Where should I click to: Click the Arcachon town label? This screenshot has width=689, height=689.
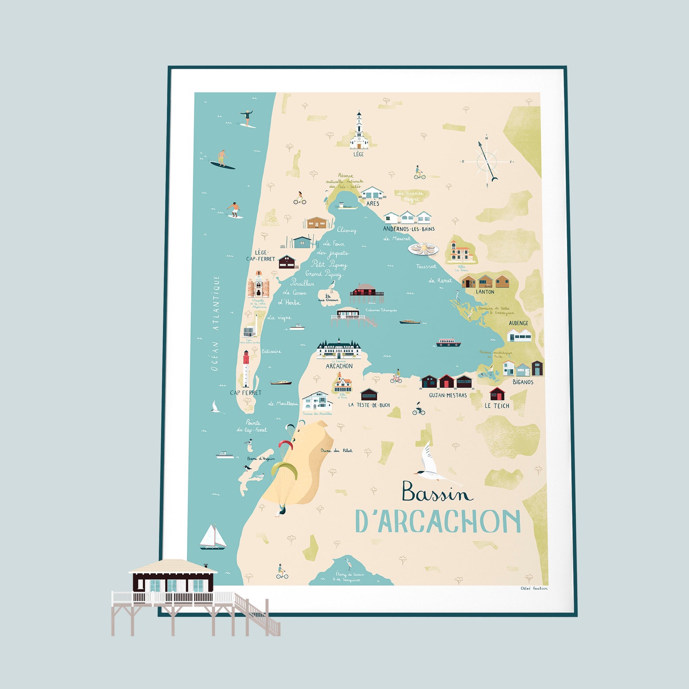[x=339, y=366]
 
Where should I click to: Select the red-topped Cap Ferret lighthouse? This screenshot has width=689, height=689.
[x=246, y=369]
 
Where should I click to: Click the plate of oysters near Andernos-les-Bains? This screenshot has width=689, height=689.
[x=423, y=249]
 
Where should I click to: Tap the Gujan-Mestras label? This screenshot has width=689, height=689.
[x=448, y=395]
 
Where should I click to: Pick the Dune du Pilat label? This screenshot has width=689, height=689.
[x=336, y=450]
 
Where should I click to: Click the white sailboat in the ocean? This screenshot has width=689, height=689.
[x=213, y=537]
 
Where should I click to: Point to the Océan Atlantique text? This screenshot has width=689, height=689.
[x=215, y=323]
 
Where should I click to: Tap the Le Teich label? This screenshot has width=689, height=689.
[x=497, y=406]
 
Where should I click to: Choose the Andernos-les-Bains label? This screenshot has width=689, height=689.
[x=408, y=229]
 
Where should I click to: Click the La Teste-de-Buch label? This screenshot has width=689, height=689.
[x=369, y=405]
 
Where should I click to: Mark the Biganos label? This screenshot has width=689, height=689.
[x=523, y=382]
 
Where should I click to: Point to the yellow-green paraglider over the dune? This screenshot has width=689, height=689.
[x=284, y=470]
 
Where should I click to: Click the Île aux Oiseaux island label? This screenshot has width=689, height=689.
[x=328, y=298]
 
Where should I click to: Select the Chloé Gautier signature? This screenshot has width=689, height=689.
[x=534, y=588]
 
